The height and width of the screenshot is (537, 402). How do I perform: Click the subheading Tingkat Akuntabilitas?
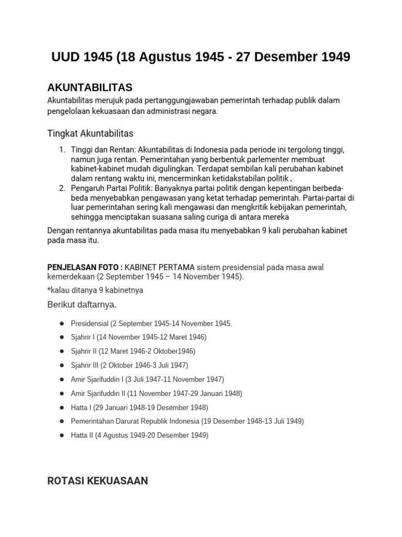coord(91,134)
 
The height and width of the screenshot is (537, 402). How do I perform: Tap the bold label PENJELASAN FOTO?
coord(85,267)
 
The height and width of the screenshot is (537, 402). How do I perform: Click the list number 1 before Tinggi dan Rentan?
coord(62,150)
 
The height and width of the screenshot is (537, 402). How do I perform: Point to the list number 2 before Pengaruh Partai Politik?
coord(62,188)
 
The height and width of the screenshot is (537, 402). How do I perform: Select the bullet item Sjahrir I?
coord(139,337)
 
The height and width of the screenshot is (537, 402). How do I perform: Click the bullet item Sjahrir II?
coord(133,351)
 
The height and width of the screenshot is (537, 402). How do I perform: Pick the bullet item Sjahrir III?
coord(129,365)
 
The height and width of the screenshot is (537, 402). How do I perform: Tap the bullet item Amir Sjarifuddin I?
coord(147,379)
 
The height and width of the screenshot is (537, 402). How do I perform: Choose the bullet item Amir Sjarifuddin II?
coord(157,393)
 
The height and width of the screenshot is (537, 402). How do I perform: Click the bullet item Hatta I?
coord(139,407)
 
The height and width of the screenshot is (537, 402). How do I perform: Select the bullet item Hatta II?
coord(139,435)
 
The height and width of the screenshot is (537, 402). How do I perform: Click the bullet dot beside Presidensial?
coord(62,324)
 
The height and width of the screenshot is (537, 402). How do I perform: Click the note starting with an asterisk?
coord(95,290)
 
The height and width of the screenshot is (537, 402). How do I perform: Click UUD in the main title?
coord(66,57)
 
